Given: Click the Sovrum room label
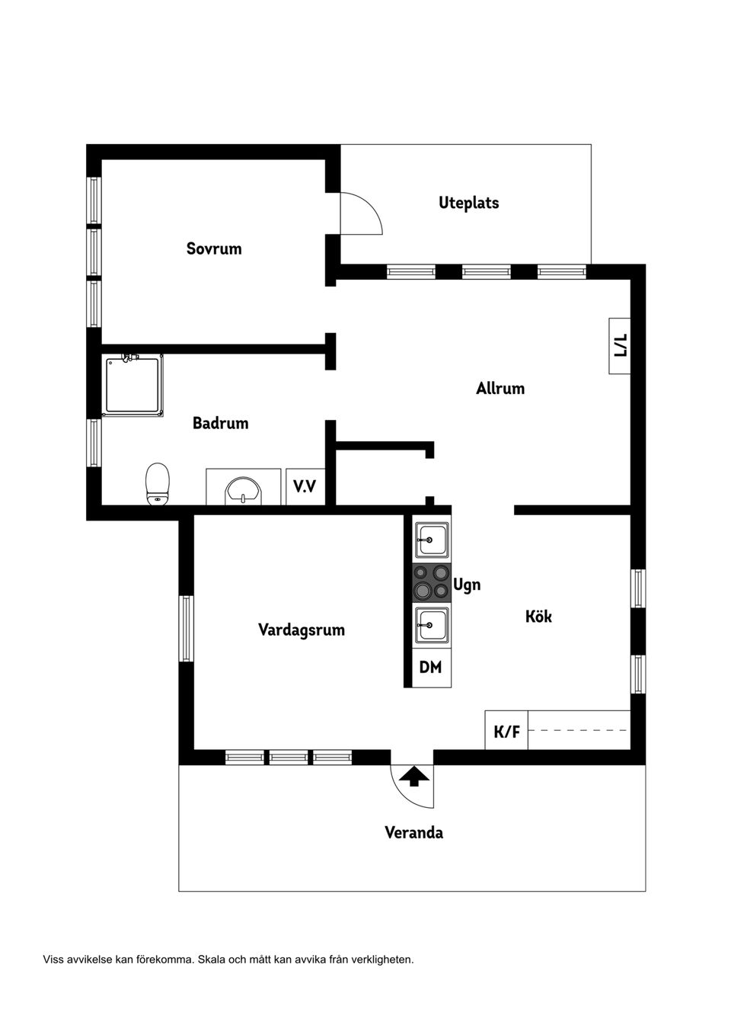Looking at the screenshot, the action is (214, 248).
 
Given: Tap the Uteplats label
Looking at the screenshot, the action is (468, 203).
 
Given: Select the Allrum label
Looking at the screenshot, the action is (500, 388).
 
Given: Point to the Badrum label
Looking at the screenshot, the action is (221, 423).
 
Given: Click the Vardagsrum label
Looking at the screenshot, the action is (302, 630).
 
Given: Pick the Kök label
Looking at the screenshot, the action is (538, 617).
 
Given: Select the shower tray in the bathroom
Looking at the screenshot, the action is (133, 386).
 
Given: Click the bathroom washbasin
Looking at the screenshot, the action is (243, 491).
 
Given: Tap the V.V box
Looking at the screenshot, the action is (305, 486).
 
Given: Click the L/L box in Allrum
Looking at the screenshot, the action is (620, 345).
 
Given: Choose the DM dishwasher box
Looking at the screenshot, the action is (431, 667).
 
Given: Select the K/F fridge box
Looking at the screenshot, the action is (506, 732).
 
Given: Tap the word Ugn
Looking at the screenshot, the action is (467, 586).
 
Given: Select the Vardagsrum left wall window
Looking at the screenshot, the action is (186, 628).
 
